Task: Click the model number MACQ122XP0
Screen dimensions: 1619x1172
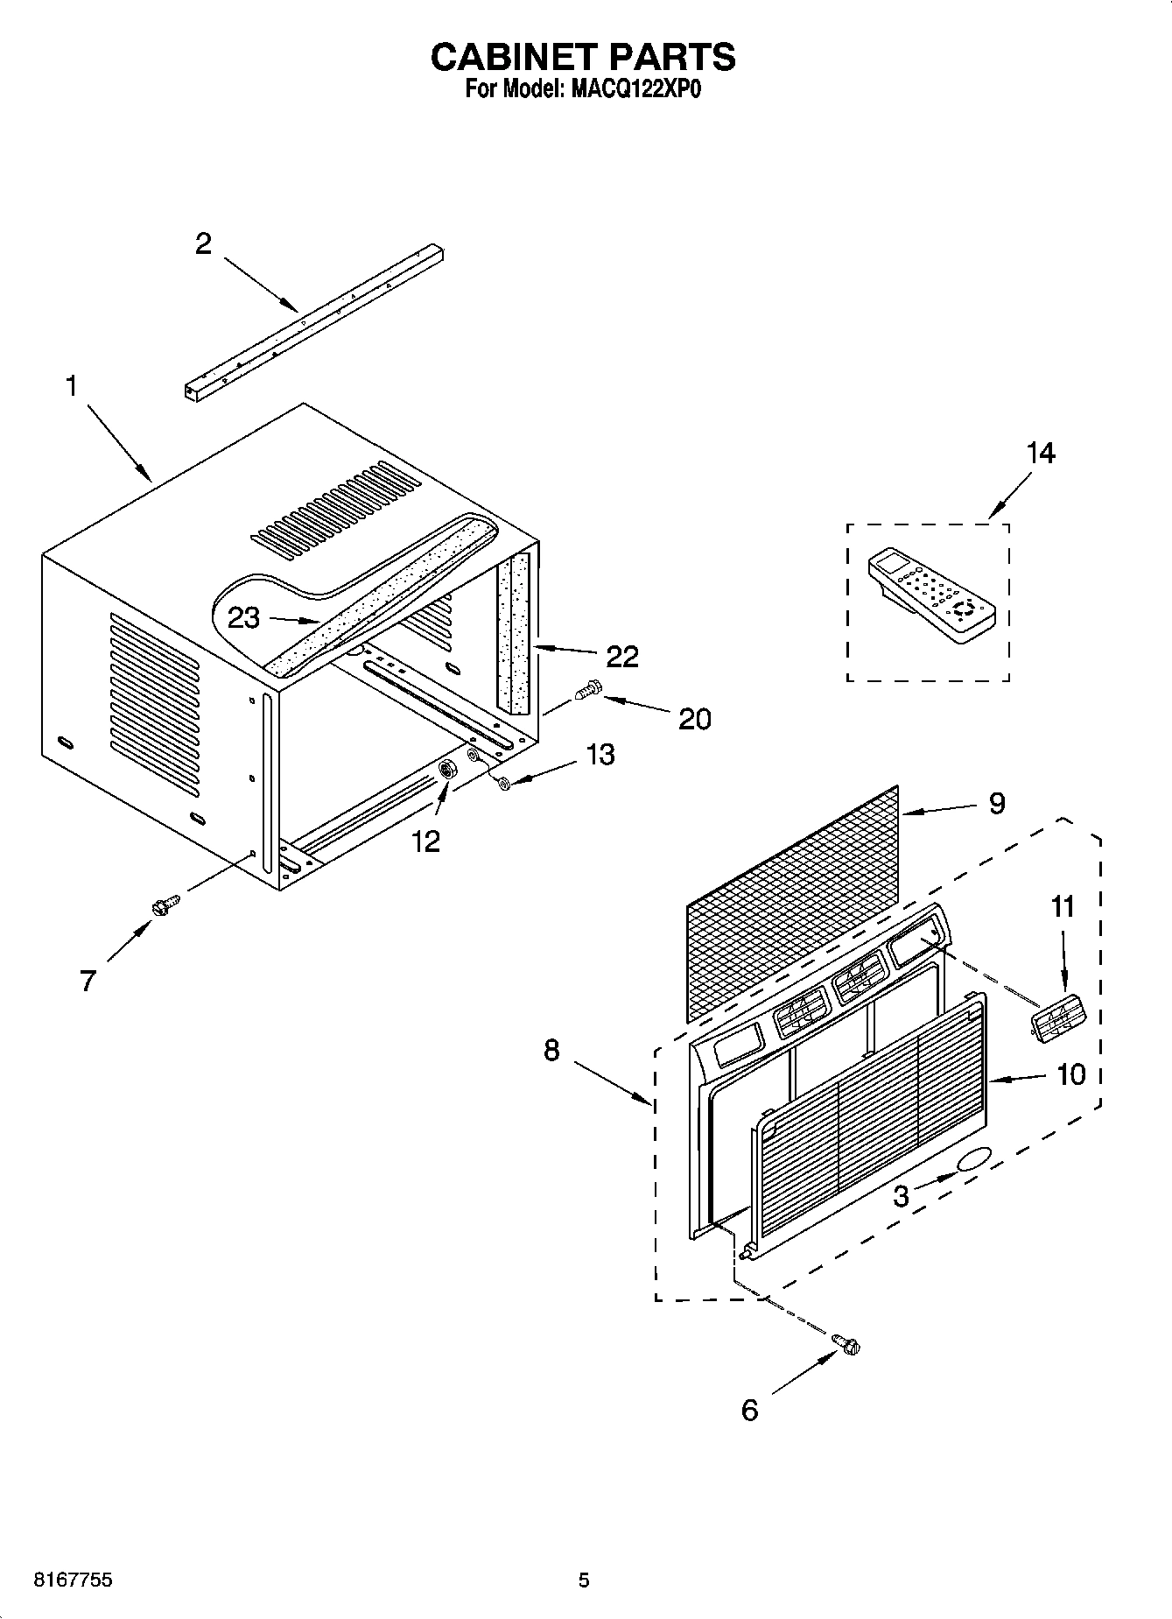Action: pos(631,89)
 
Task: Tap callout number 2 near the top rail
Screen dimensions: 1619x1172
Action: pos(203,243)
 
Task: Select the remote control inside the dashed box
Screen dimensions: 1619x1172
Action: pos(930,593)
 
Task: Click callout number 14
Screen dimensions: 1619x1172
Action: pos(1040,453)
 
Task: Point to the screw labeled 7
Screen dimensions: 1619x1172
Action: pos(164,905)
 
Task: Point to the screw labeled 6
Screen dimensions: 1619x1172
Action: pos(846,1342)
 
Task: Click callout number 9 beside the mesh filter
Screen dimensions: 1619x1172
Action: pos(996,803)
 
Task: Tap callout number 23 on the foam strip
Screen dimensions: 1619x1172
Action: pos(243,617)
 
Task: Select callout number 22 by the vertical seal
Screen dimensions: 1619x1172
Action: pos(622,656)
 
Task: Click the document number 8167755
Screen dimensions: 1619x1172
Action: pos(72,1580)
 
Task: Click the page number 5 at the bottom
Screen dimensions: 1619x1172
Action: pos(584,1580)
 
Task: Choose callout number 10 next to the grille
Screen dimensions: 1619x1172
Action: pos(1071,1073)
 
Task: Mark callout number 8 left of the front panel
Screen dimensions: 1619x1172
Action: pos(551,1050)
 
